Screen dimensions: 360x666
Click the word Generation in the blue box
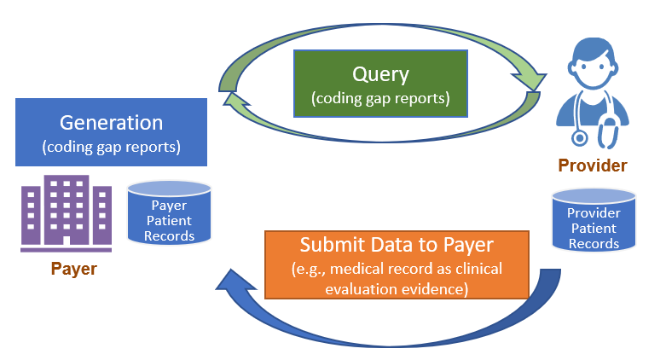pos(111,123)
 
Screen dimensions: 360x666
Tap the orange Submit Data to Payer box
pos(397,264)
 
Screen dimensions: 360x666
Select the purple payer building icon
pos(67,213)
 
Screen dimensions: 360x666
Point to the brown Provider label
pos(592,165)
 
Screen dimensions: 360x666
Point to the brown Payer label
pos(73,270)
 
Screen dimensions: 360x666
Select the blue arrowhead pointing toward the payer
pos(234,282)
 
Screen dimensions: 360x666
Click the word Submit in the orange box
pos(328,246)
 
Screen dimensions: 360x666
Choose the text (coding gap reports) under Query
pos(380,98)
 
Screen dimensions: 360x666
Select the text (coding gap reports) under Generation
pos(111,147)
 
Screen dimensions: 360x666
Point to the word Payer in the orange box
pos(468,246)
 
